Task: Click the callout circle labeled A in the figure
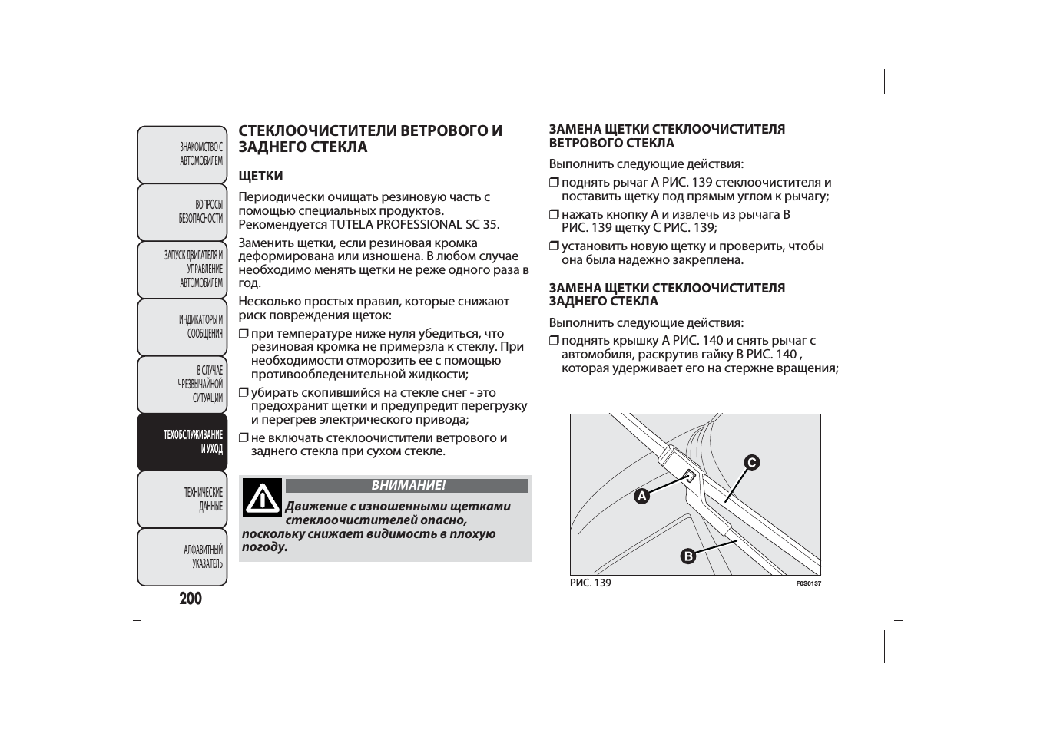point(641,496)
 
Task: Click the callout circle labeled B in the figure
point(687,556)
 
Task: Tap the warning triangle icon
point(263,498)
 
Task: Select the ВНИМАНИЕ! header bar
point(407,486)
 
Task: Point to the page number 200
point(191,599)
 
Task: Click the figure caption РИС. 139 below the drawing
point(590,583)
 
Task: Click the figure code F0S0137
point(808,583)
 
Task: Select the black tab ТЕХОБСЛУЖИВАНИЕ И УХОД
point(183,442)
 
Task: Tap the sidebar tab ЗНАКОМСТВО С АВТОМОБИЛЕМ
point(183,154)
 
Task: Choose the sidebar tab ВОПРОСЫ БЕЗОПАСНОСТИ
point(183,212)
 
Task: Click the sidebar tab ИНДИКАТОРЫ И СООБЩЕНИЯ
point(183,327)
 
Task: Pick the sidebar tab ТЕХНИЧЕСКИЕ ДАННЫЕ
point(183,499)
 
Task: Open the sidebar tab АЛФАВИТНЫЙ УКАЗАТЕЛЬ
point(183,556)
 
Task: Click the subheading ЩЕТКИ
point(260,177)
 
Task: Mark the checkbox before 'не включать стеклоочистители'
point(244,438)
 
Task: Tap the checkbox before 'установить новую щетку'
point(554,246)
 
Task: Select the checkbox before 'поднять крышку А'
point(554,341)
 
